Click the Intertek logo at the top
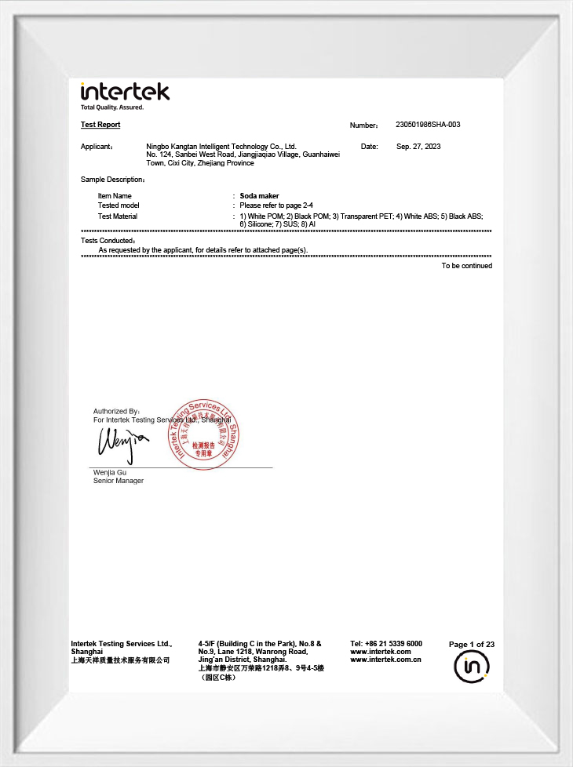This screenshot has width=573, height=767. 125,92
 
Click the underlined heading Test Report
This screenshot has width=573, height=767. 100,125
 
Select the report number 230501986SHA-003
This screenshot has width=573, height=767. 428,125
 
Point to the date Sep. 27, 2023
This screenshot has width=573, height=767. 418,147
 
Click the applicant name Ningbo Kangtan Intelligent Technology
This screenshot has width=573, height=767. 221,147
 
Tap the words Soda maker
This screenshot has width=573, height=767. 259,196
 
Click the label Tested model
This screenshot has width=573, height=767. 119,205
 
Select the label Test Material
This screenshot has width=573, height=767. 118,216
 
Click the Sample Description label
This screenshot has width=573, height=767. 112,180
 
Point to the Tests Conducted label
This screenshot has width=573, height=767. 108,241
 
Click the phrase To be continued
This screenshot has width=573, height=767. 466,266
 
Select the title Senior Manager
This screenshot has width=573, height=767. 119,481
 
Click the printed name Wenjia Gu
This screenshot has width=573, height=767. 110,472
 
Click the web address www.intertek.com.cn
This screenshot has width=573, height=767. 385,660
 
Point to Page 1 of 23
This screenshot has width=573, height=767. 472,645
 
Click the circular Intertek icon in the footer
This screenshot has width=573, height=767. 472,667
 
